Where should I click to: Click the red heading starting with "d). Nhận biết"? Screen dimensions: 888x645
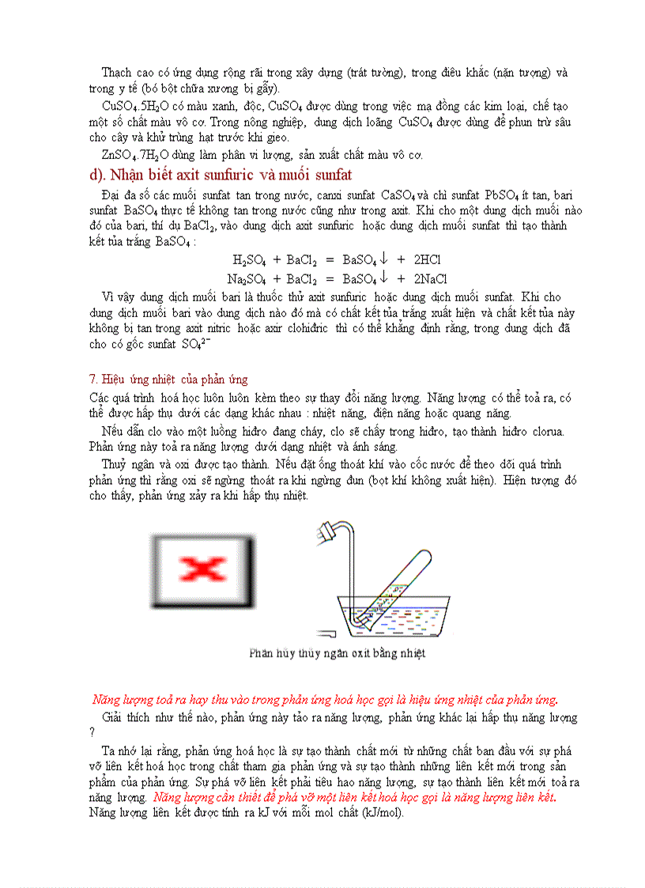pos(220,175)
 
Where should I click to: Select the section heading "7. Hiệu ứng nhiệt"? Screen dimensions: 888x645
pos(168,380)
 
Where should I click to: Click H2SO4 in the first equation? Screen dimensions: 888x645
pos(248,259)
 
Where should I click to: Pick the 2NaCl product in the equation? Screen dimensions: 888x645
pos(430,278)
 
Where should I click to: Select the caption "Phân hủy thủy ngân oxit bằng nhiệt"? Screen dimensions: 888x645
pos(337,654)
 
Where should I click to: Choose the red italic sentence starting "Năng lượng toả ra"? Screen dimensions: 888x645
pos(325,700)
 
